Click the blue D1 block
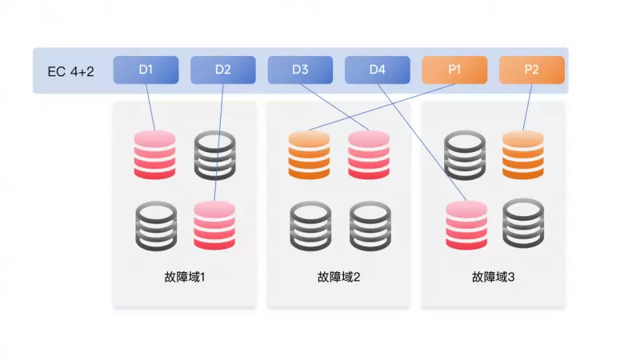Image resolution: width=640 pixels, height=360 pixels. coord(146,70)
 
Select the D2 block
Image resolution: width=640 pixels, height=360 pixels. coord(223,70)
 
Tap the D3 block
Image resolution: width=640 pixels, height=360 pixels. coord(300,70)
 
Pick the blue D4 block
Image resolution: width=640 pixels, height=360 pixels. coord(378,70)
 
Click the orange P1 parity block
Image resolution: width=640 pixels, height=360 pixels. coord(454,70)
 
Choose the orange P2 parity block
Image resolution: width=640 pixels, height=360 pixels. coord(532,70)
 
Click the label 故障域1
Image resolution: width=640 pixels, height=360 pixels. coord(185,278)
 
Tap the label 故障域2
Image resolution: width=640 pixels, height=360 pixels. coord(339,278)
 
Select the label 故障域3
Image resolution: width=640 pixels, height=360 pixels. coord(494,278)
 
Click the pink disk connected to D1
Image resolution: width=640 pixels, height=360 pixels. coord(155,154)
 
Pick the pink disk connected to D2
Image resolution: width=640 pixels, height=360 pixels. coord(214,226)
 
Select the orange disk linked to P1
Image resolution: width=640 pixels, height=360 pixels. coord(309,154)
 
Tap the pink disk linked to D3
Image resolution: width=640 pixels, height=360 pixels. coord(369,154)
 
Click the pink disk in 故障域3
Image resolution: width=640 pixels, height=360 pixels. coord(466,226)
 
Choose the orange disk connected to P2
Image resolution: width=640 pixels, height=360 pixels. coord(523,154)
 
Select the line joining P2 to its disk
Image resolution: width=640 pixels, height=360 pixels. coord(528,106)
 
